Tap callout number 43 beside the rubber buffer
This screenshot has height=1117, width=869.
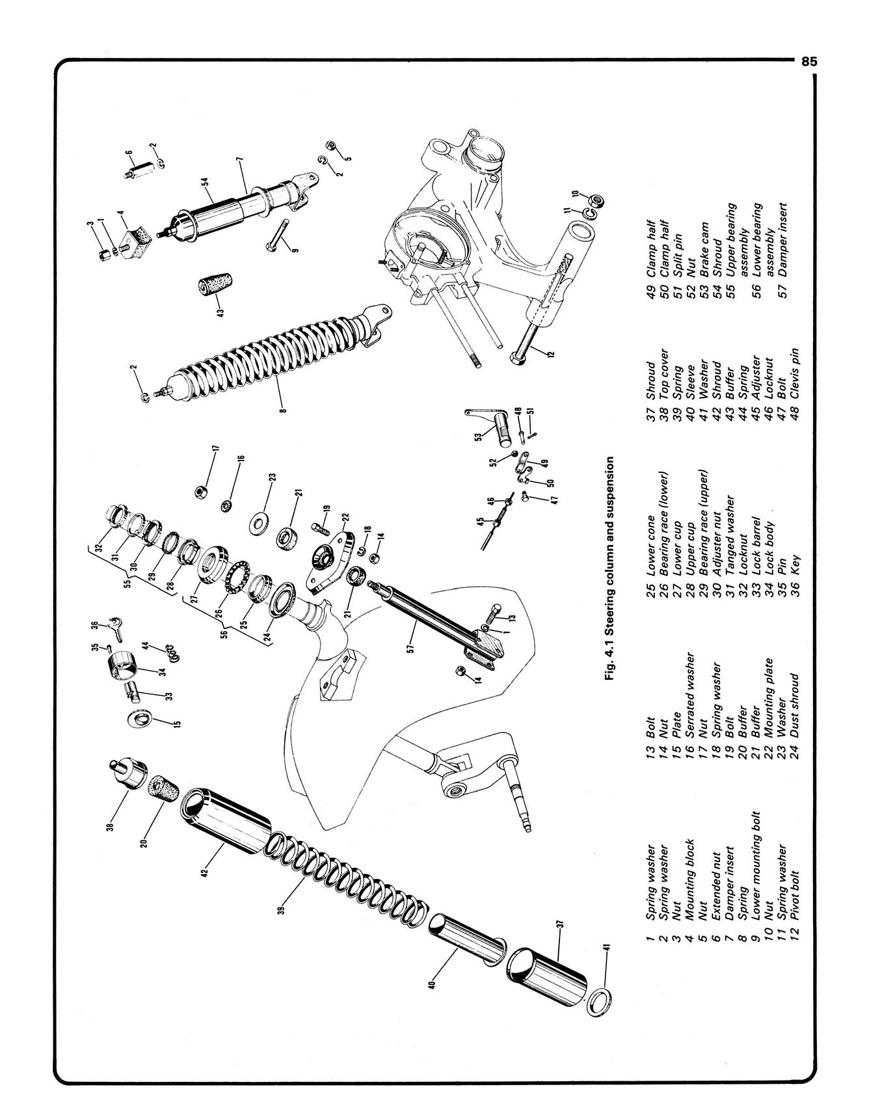tap(221, 312)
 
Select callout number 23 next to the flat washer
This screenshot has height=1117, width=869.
tap(273, 477)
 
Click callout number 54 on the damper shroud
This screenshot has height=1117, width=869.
tap(205, 184)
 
